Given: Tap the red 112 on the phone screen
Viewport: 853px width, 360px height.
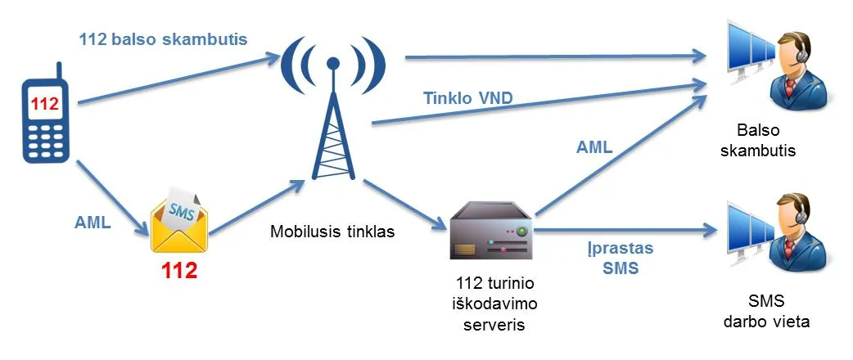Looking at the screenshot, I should (x=45, y=104).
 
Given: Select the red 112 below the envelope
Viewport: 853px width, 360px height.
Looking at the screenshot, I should (x=179, y=271).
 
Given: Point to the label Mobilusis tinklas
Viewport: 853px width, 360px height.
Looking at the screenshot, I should (x=332, y=232).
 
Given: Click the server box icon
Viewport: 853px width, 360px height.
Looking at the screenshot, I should (x=490, y=231).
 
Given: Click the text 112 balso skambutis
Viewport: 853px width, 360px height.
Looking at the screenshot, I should (x=164, y=38).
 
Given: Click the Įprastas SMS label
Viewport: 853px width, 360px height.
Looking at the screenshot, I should (x=620, y=257).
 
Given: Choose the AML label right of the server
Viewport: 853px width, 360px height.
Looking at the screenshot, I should (x=594, y=148).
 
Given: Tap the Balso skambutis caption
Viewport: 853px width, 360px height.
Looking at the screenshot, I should (x=766, y=141).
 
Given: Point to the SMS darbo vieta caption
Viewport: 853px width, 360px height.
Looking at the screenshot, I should (x=766, y=313).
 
